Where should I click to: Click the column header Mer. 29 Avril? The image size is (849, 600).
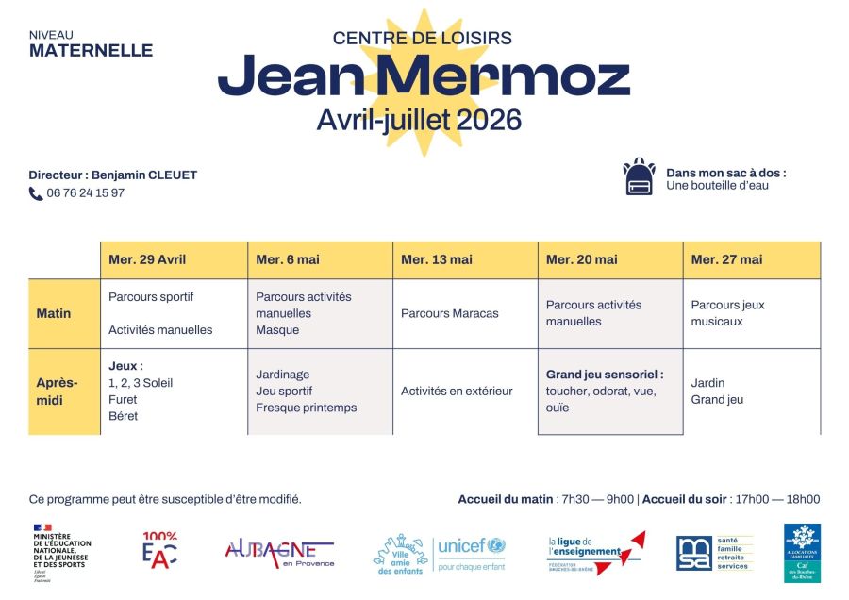(x=147, y=259)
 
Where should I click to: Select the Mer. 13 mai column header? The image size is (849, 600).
(x=437, y=259)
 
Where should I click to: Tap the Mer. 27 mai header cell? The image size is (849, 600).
(x=726, y=259)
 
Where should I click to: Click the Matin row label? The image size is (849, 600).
(x=54, y=313)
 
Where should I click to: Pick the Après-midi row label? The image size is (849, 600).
(x=58, y=391)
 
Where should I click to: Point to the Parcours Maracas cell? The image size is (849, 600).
(x=450, y=313)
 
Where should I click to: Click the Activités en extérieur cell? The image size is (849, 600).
(x=457, y=391)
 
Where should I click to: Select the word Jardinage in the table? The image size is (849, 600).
(x=283, y=375)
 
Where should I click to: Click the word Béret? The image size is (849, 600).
(x=123, y=416)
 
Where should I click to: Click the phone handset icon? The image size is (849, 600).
(x=36, y=193)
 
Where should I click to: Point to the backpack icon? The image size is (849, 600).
(x=639, y=176)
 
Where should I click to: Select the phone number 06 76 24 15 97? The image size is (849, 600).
(x=86, y=193)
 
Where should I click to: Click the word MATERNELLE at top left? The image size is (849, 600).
(x=91, y=51)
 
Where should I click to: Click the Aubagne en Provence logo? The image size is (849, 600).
(x=279, y=553)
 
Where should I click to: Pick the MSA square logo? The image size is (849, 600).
(x=693, y=553)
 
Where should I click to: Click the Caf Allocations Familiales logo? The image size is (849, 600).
(x=802, y=553)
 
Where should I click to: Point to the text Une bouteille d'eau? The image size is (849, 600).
(x=717, y=186)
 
